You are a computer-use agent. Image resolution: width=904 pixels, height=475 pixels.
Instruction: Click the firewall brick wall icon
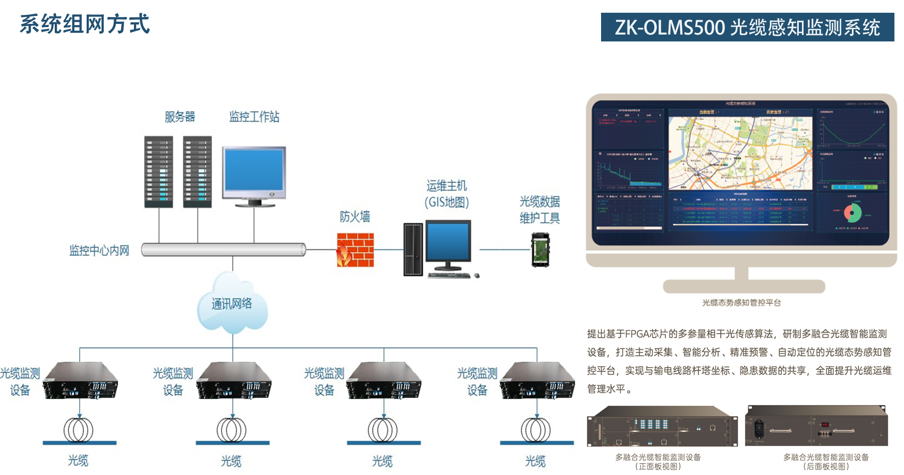pos(355,250)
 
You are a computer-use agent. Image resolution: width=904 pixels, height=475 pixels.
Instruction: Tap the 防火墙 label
pos(354,217)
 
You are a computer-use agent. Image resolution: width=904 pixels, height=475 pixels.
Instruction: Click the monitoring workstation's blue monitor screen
pos(254,170)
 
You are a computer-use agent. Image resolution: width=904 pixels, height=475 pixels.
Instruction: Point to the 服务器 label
pos(180,117)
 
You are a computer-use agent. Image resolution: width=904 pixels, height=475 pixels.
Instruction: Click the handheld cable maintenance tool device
pos(540,250)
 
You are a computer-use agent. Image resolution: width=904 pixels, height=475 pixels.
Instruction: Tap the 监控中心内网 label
pos(99,250)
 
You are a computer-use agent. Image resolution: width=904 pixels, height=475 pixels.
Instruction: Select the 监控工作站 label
pos(254,117)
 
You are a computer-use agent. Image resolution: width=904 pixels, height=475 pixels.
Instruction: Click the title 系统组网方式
pos(85,24)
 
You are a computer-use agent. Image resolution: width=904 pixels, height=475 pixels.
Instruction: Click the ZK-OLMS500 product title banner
pos(747,27)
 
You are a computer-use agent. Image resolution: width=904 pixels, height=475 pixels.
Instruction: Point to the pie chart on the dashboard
pos(852,213)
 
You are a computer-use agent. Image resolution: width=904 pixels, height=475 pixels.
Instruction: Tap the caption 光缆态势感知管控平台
pos(741,303)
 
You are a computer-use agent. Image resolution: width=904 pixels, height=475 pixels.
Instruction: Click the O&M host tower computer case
pos(413,249)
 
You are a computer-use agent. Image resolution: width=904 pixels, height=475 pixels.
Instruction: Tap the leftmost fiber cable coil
pos(79,430)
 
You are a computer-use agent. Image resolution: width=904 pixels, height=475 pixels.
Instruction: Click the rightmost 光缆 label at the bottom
pos(535,461)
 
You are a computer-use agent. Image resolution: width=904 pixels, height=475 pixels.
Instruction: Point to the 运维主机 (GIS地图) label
pos(446,194)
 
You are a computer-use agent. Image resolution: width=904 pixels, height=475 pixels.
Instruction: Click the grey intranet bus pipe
pos(223,250)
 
